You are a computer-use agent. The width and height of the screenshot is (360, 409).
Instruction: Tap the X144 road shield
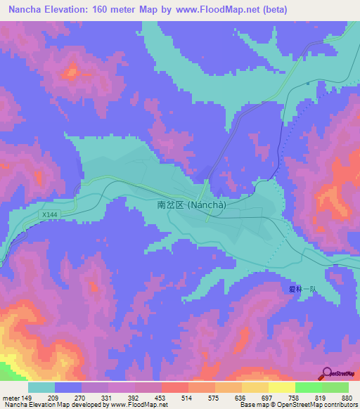[48, 214]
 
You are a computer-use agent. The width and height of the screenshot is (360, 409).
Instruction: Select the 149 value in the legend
[28, 397]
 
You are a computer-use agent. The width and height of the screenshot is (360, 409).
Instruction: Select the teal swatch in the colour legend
[41, 387]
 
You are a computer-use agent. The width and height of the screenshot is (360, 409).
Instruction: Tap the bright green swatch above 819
[308, 387]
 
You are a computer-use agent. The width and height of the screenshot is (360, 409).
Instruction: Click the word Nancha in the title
[26, 8]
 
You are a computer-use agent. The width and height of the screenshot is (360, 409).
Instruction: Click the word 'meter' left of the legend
[11, 397]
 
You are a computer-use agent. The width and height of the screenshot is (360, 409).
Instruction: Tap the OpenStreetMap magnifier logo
[326, 373]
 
